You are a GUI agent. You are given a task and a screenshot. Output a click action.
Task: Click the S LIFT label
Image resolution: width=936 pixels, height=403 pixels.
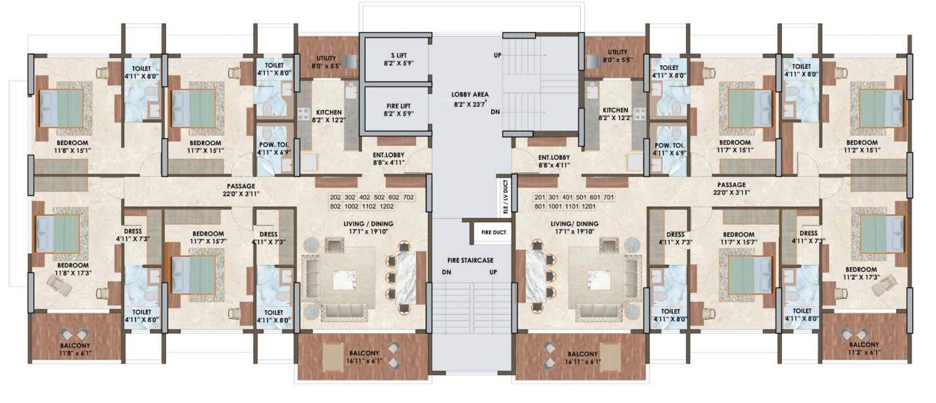tap(398, 55)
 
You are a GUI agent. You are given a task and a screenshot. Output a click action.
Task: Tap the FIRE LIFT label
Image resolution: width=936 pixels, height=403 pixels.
tap(398, 107)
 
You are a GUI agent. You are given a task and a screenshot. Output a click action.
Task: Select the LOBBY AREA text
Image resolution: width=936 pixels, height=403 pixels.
tap(469, 95)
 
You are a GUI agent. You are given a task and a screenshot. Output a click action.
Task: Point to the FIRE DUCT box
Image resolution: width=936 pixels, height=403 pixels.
tap(493, 233)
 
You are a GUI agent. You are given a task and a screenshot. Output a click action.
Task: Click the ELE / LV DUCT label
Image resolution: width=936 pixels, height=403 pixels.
tap(506, 197)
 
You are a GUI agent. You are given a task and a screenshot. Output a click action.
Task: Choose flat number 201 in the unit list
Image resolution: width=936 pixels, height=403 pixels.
tap(540, 198)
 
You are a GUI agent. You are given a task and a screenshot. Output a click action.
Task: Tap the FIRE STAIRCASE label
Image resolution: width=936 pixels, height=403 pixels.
tap(470, 261)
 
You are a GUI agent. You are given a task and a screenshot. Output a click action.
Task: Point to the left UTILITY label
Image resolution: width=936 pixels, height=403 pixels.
tap(326, 58)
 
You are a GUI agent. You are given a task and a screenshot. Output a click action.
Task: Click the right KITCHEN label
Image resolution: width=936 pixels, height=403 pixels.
tap(615, 110)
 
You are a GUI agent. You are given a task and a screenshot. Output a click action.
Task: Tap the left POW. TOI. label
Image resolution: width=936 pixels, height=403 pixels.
tap(274, 144)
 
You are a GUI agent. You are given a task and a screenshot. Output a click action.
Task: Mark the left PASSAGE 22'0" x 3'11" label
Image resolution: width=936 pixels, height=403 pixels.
tap(241, 190)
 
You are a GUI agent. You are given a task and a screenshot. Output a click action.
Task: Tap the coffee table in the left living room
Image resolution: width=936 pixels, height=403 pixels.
tap(344, 280)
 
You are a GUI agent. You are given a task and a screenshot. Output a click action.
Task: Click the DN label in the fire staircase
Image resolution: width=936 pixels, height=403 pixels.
tap(446, 272)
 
